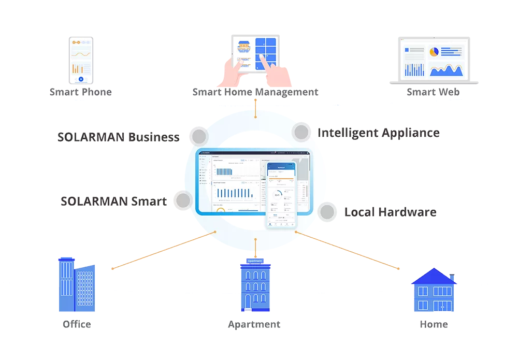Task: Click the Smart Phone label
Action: pyautogui.click(x=80, y=92)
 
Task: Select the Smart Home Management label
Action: pyautogui.click(x=254, y=92)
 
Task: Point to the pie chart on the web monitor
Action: pyautogui.click(x=434, y=52)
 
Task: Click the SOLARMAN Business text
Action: pyautogui.click(x=119, y=137)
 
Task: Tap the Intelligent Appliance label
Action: pyautogui.click(x=378, y=133)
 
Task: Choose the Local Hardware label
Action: pyautogui.click(x=388, y=212)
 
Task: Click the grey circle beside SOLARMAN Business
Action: pyautogui.click(x=199, y=137)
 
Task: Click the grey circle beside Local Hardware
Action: pyautogui.click(x=327, y=211)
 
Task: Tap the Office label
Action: pyautogui.click(x=77, y=324)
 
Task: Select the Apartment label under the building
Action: pyautogui.click(x=254, y=325)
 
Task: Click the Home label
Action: pyautogui.click(x=434, y=324)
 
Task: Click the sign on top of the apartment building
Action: pyautogui.click(x=255, y=261)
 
